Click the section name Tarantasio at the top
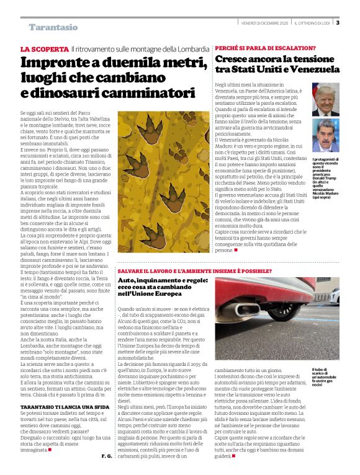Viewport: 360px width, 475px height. click(x=53, y=27)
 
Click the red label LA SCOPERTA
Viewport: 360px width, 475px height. click(x=44, y=49)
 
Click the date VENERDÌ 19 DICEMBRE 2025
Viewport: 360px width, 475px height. click(x=264, y=23)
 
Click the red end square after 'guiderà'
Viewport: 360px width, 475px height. click(x=233, y=455)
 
